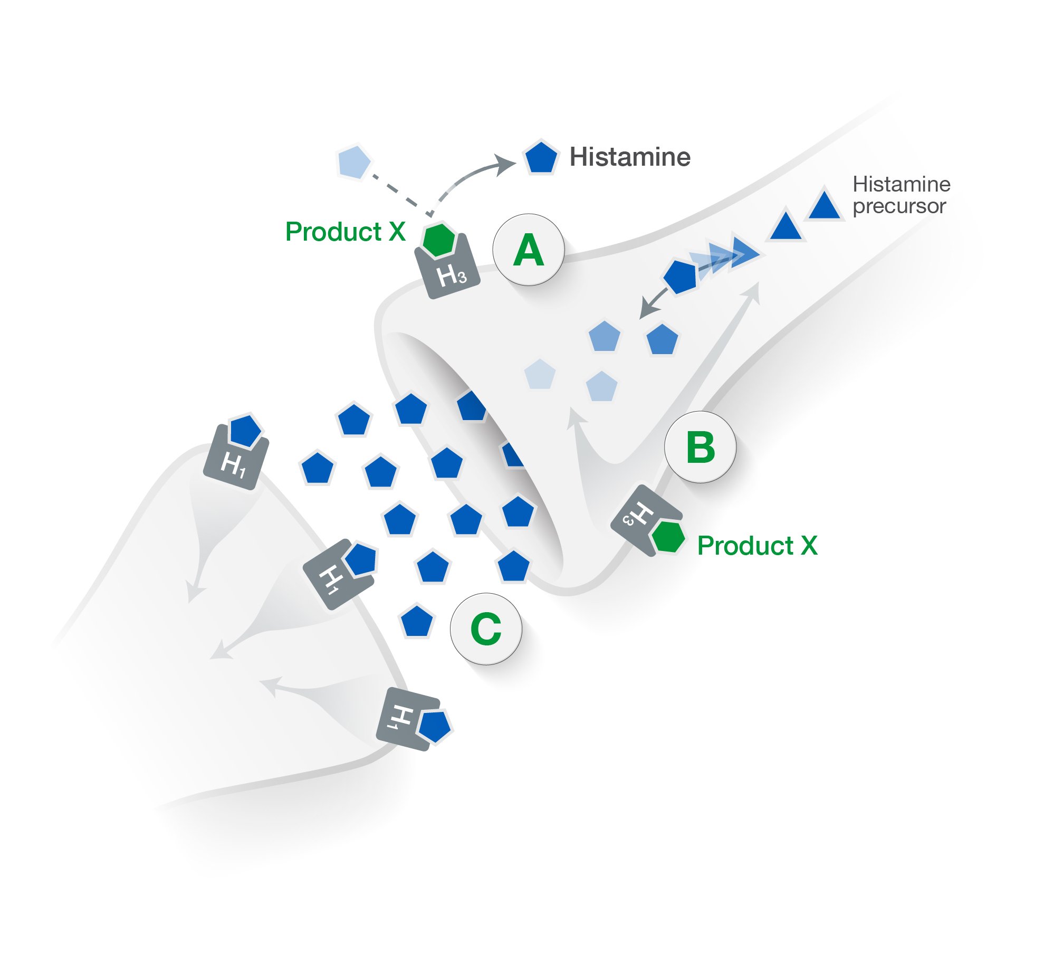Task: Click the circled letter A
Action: click(528, 250)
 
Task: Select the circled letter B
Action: click(700, 447)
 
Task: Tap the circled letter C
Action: click(485, 629)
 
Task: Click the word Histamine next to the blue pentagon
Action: click(630, 157)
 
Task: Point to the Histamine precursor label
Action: click(901, 195)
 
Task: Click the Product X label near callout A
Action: click(345, 231)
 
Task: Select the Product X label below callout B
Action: click(757, 545)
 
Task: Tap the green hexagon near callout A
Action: click(438, 239)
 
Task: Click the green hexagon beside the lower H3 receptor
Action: click(668, 537)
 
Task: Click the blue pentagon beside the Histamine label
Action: click(540, 157)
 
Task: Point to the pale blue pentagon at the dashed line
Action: click(353, 161)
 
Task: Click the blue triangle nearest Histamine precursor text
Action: click(824, 205)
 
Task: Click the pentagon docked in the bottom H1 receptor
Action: click(435, 725)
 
